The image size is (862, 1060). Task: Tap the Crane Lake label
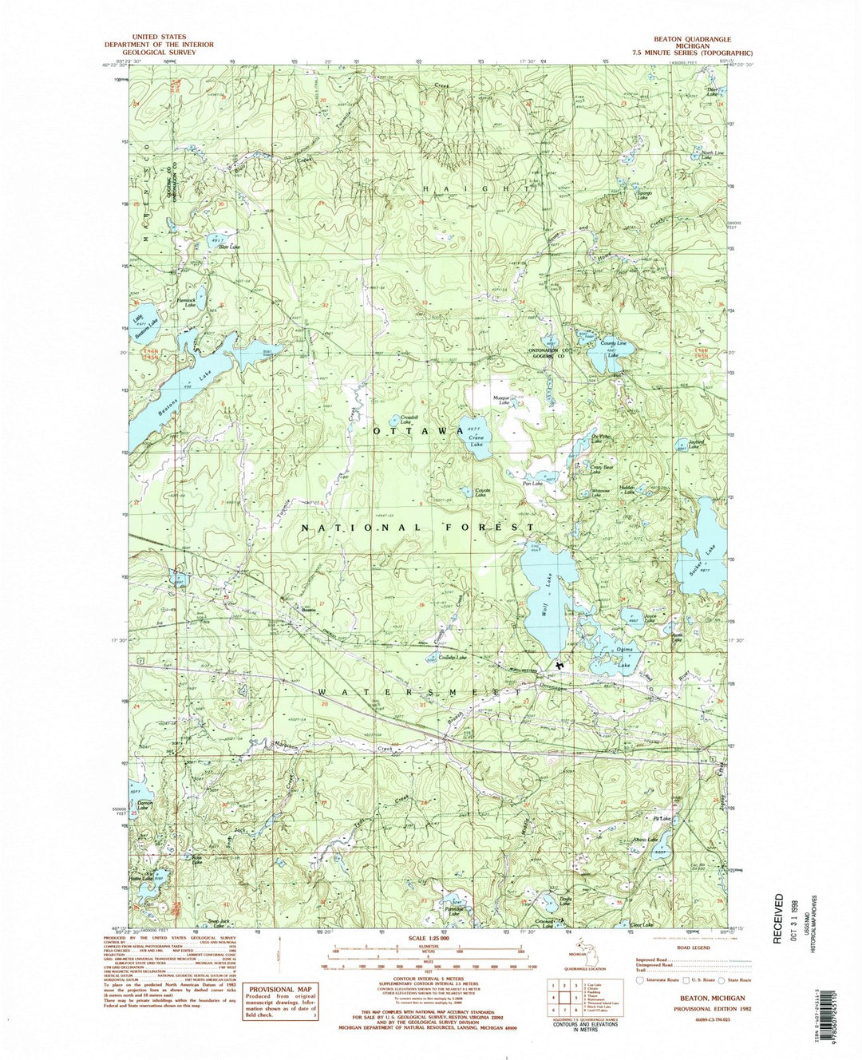(476, 441)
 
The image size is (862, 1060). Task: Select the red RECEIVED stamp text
(779, 918)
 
